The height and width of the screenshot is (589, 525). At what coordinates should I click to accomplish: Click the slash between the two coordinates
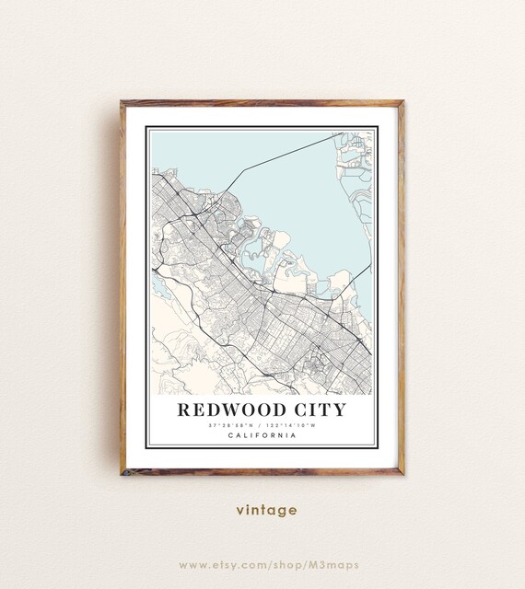point(262,425)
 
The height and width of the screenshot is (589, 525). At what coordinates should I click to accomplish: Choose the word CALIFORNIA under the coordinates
point(262,435)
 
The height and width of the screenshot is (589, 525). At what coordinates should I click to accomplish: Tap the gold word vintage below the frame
point(266,509)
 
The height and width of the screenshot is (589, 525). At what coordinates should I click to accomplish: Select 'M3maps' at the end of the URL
point(336,564)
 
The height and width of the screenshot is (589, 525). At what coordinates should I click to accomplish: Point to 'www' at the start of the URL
point(192,564)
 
